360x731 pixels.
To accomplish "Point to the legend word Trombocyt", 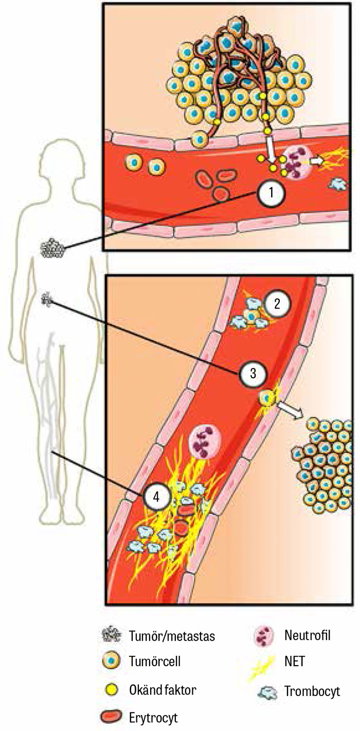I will (x=312, y=691).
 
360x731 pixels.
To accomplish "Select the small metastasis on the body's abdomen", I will (x=47, y=299).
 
